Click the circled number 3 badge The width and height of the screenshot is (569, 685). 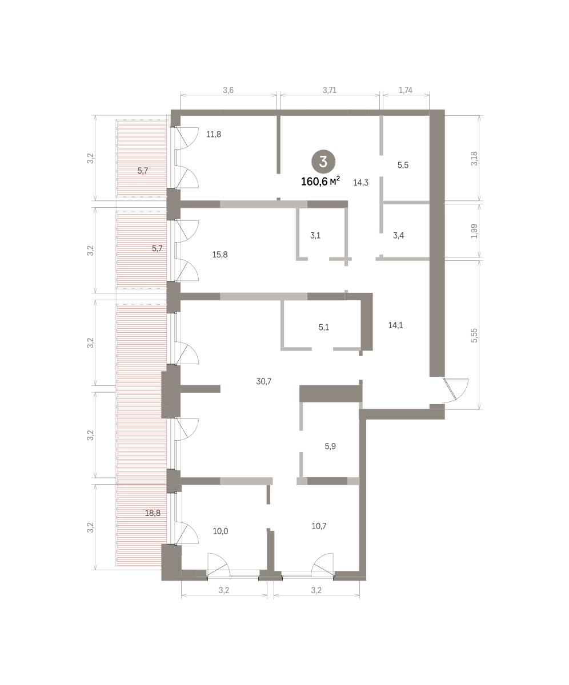[x=323, y=162]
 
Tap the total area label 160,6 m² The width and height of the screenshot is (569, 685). [x=320, y=181]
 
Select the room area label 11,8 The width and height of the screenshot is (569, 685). [x=214, y=134]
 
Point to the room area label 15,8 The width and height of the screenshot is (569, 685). [x=219, y=255]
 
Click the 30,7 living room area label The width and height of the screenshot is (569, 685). [x=264, y=381]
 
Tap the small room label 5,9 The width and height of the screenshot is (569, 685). [x=330, y=446]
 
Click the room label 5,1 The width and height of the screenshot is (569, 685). [x=324, y=327]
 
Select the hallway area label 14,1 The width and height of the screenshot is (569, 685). [x=395, y=325]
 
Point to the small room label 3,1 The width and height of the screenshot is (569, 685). [x=315, y=235]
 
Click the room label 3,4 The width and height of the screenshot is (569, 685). [x=398, y=235]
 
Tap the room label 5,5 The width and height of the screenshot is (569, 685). [x=403, y=165]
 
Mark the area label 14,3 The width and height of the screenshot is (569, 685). [x=360, y=183]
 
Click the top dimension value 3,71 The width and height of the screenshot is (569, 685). [x=329, y=90]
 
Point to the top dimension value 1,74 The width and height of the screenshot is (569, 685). [x=406, y=90]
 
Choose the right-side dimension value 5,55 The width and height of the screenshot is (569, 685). [x=474, y=335]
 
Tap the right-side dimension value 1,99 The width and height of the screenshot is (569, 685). [x=474, y=231]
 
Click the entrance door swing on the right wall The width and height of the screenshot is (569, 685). [x=455, y=390]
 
